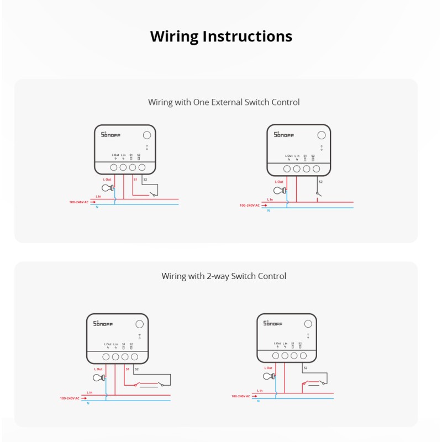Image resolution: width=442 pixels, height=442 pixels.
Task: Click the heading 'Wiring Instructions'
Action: pos(221,36)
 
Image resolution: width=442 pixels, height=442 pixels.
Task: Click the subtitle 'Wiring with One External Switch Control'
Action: pos(224,102)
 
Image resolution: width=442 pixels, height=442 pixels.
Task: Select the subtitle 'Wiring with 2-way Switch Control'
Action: pos(224,276)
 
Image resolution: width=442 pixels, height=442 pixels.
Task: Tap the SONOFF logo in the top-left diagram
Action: pos(110,134)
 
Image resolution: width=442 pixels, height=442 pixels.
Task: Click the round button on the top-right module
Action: pos(321,134)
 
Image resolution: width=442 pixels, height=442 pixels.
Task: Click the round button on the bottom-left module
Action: pos(140,324)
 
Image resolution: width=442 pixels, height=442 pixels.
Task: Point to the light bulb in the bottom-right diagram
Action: pos(268,376)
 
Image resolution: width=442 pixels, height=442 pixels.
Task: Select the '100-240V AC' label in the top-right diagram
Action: pos(250,206)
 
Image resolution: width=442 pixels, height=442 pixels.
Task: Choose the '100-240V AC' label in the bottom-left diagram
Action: pos(70,398)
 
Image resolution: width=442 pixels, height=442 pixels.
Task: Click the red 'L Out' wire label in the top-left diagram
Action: pos(107,180)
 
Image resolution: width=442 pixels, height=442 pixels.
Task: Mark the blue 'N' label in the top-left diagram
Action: pos(97,207)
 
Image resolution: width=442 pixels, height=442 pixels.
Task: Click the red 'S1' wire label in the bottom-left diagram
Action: pos(127,369)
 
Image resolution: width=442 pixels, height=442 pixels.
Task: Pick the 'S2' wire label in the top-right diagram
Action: pos(320,182)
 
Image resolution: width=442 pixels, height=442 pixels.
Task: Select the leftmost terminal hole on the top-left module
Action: pos(114,167)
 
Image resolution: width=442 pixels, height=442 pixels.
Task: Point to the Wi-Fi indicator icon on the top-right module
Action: pos(321,148)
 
